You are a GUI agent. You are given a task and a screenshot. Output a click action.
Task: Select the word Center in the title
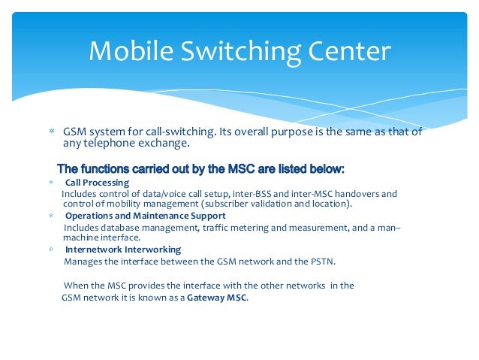tap(348, 52)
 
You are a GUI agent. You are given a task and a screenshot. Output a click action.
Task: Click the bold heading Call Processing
tap(97, 182)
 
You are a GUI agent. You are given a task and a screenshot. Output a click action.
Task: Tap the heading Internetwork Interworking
tap(123, 249)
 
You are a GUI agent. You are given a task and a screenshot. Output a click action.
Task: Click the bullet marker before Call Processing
tap(51, 183)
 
